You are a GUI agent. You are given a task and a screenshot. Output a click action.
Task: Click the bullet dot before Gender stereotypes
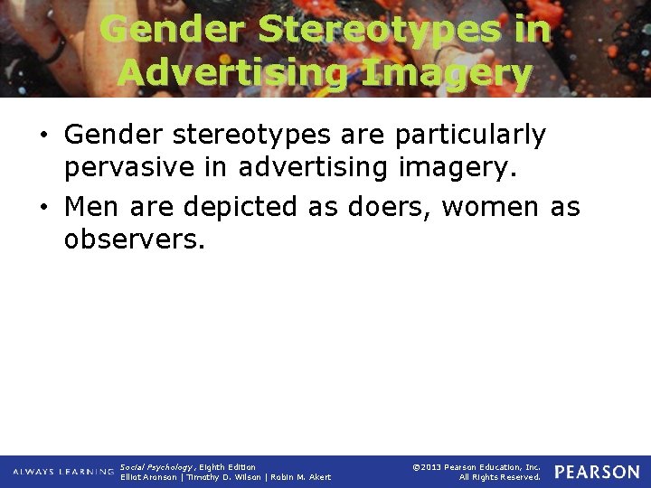point(44,136)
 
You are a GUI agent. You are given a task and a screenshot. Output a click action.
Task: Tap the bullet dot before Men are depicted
point(44,208)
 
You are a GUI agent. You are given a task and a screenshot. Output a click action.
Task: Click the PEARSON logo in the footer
point(597,472)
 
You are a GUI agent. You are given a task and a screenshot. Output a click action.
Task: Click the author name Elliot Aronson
point(149,477)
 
